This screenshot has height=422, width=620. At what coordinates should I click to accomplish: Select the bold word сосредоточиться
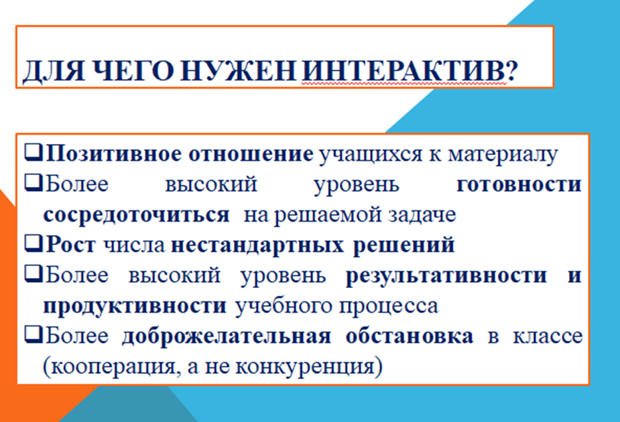click(x=136, y=214)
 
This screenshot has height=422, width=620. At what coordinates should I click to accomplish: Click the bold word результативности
click(x=447, y=275)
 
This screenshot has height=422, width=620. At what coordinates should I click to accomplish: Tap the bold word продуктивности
click(x=134, y=306)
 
